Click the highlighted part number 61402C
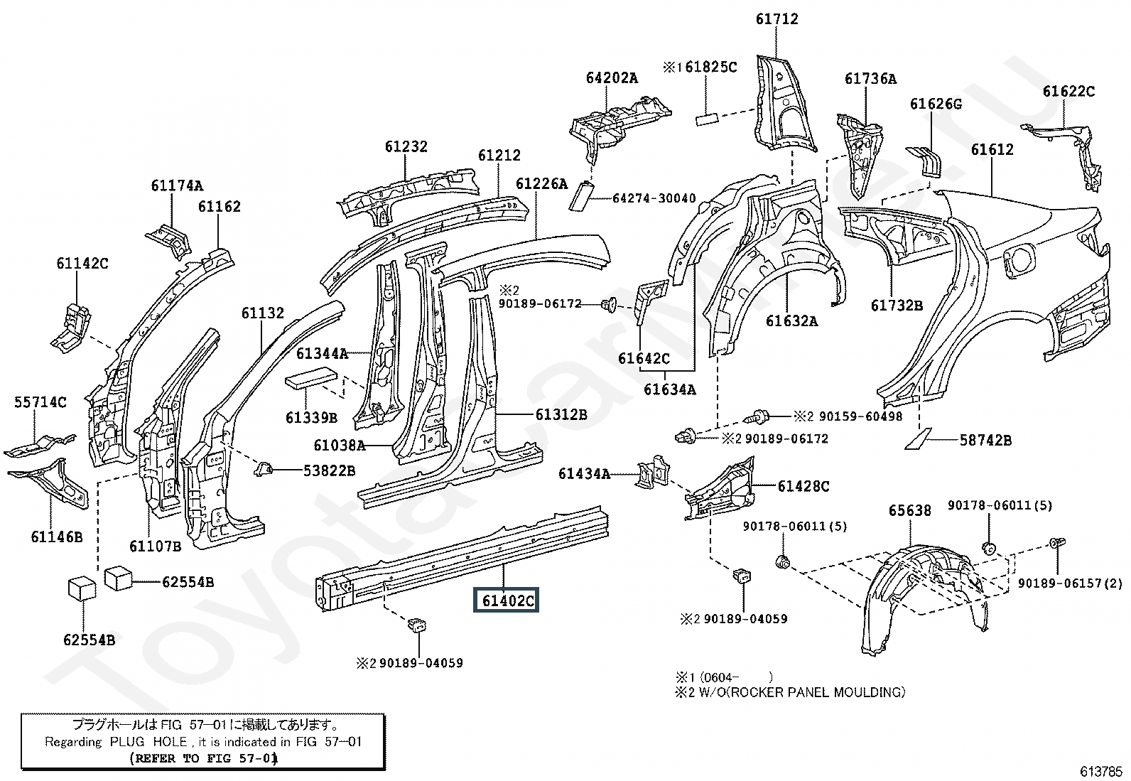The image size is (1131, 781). coord(507,600)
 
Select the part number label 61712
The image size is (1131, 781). coord(776,19)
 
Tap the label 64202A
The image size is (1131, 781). coord(612,77)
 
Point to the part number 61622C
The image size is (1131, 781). coord(1068,91)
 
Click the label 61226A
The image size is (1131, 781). coord(541,183)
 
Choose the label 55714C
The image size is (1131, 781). coord(40,402)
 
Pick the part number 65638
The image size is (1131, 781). coord(910,511)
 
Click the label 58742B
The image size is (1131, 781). coord(985,440)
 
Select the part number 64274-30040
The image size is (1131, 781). coord(654,198)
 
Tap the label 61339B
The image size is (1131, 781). coord(311,418)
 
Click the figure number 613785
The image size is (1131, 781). coord(1101,770)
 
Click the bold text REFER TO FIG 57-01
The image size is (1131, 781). coord(204,758)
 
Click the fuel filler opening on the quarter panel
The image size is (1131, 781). coord(1021,260)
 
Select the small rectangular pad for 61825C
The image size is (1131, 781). coord(708,117)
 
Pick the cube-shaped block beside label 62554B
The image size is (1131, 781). coord(120,578)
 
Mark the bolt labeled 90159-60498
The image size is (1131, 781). coord(759,416)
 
